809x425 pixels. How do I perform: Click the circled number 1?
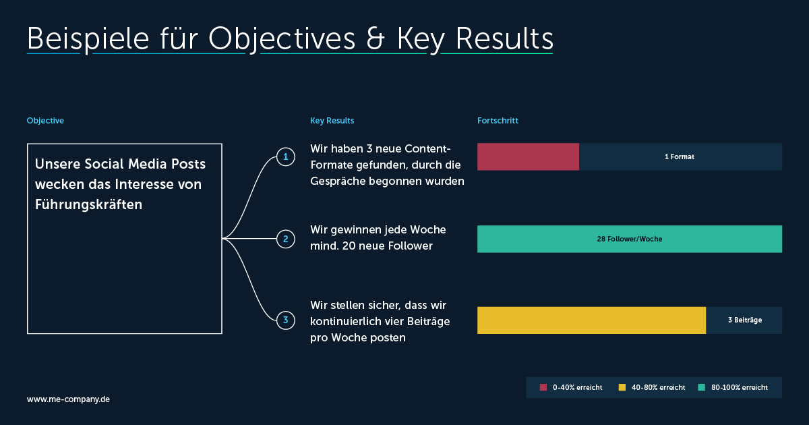286,157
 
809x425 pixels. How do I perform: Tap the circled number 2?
286,239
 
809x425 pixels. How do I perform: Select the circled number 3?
286,320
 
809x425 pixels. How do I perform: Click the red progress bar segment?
528,157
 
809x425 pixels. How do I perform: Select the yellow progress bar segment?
592,320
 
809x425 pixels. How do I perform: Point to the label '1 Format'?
680,157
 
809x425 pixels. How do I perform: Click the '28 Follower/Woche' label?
630,239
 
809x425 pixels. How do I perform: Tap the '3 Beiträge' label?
745,320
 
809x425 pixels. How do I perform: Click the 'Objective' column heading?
45,121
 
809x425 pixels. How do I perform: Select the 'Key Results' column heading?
332,121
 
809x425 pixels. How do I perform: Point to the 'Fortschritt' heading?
498,121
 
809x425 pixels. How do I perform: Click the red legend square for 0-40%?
543,387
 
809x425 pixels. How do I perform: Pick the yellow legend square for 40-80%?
622,387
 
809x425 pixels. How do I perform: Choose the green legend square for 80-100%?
701,387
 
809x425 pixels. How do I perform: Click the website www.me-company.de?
68,399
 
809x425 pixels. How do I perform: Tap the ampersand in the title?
376,38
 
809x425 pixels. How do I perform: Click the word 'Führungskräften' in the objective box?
88,204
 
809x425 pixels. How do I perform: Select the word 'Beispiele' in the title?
88,39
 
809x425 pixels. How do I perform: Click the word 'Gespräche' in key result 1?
338,181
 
